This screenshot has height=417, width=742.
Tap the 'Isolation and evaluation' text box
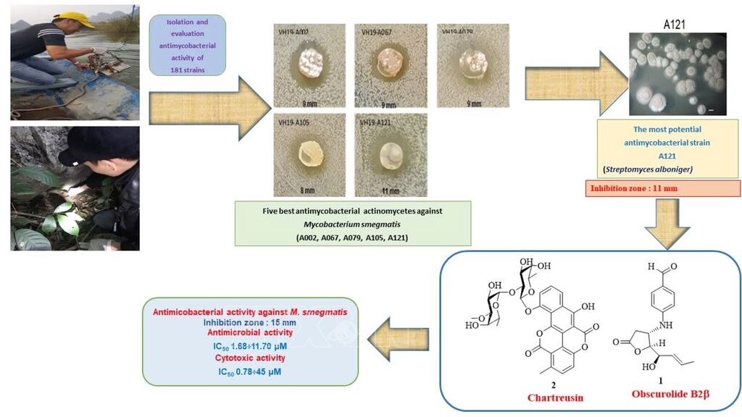tap(188, 45)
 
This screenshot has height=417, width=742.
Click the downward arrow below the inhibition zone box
tap(667, 222)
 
